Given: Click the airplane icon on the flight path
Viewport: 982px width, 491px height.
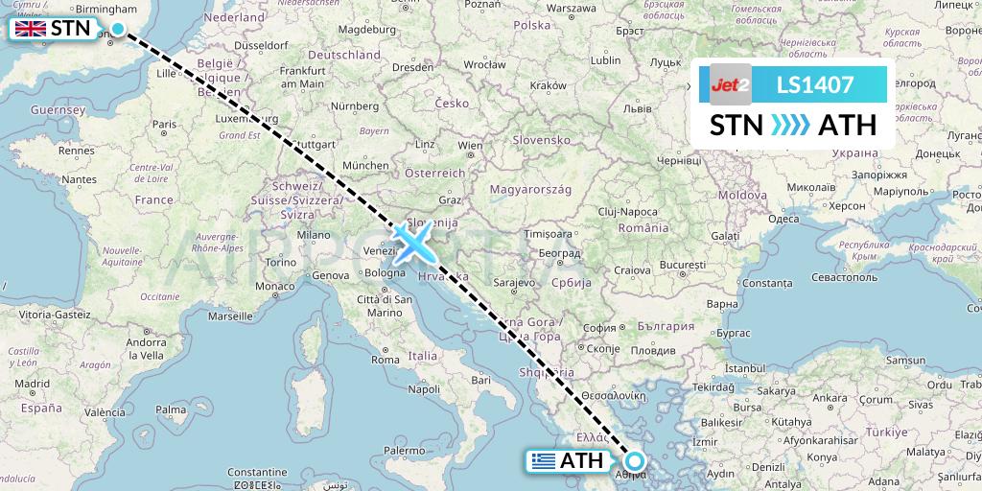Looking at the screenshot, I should (415, 242).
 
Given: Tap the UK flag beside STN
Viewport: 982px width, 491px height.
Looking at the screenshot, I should (31, 29).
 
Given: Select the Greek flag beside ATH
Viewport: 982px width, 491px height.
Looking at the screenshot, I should (544, 461).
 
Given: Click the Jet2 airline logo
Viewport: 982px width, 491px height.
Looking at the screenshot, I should (730, 84).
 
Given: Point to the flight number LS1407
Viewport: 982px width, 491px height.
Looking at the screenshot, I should (815, 84).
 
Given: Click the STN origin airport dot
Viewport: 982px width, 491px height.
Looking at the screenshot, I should (118, 29).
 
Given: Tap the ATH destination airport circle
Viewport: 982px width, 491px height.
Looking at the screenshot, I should (634, 460).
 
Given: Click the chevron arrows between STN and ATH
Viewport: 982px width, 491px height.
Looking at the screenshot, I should (790, 125).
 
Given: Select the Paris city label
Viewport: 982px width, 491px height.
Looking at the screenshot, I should (165, 124).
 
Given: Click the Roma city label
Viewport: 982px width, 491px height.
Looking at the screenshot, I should (385, 361).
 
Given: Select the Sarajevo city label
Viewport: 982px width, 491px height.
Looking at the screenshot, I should (513, 283).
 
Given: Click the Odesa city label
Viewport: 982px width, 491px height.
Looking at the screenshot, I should (783, 218).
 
